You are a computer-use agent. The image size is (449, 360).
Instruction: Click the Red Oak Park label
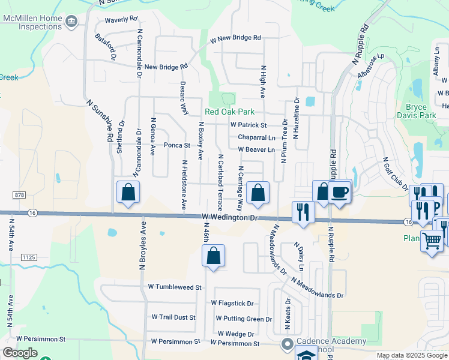coord(229,112)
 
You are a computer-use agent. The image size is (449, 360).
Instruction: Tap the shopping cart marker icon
coord(432,241)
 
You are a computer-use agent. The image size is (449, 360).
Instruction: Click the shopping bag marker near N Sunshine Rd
coord(128,192)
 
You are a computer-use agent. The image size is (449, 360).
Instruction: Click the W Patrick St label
coord(249,125)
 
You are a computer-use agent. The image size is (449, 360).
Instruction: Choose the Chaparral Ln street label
coord(256,137)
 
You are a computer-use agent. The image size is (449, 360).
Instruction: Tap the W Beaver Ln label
coord(256,149)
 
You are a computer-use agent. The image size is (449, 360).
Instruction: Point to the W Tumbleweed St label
coord(175,287)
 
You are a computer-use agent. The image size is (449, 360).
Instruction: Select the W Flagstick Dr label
coord(232,304)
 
